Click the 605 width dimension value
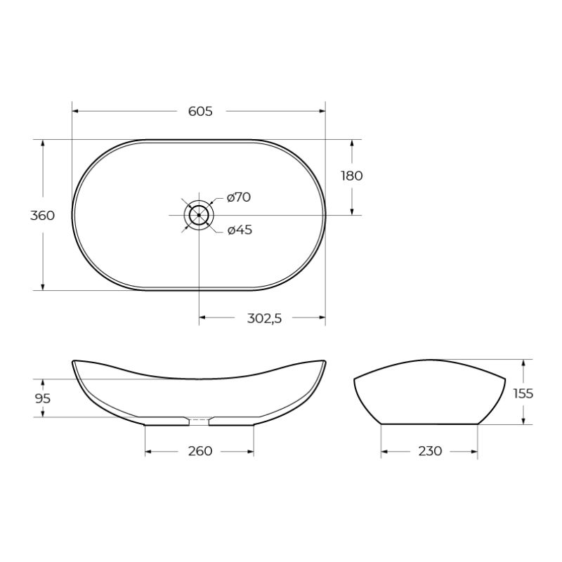click(200, 111)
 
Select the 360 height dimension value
click(42, 216)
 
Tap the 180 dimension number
click(351, 176)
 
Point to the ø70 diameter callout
click(239, 197)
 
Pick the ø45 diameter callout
click(240, 230)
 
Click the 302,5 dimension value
click(264, 318)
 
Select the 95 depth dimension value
click(42, 398)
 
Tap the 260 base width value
click(200, 451)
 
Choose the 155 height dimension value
click(523, 393)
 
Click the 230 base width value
click(429, 451)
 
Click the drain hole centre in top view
click(200, 215)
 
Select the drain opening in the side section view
click(200, 421)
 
